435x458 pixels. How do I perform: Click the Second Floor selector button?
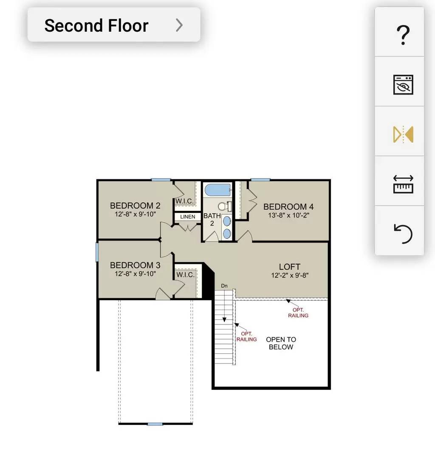114,25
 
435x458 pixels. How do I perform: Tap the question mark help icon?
403,35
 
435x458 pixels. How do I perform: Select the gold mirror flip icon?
403,134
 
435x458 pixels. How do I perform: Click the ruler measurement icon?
403,184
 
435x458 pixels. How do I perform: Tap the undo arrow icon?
403,234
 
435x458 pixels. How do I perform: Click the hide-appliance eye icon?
403,85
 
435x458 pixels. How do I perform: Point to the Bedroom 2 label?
135,206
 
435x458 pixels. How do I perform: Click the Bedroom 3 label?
135,265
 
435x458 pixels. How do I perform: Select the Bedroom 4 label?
288,207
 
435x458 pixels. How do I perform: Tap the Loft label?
290,267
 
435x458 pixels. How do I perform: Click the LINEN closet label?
188,217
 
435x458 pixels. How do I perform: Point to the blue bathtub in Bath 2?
217,190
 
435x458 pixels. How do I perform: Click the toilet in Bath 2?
225,207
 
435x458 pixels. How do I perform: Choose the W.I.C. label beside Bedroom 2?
185,201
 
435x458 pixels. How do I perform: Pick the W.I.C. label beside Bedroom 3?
186,274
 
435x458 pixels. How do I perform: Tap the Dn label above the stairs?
224,286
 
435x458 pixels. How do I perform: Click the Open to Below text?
281,343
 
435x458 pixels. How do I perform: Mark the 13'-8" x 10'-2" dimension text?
289,215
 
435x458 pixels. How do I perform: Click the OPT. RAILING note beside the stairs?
247,336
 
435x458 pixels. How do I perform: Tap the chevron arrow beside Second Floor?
179,25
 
